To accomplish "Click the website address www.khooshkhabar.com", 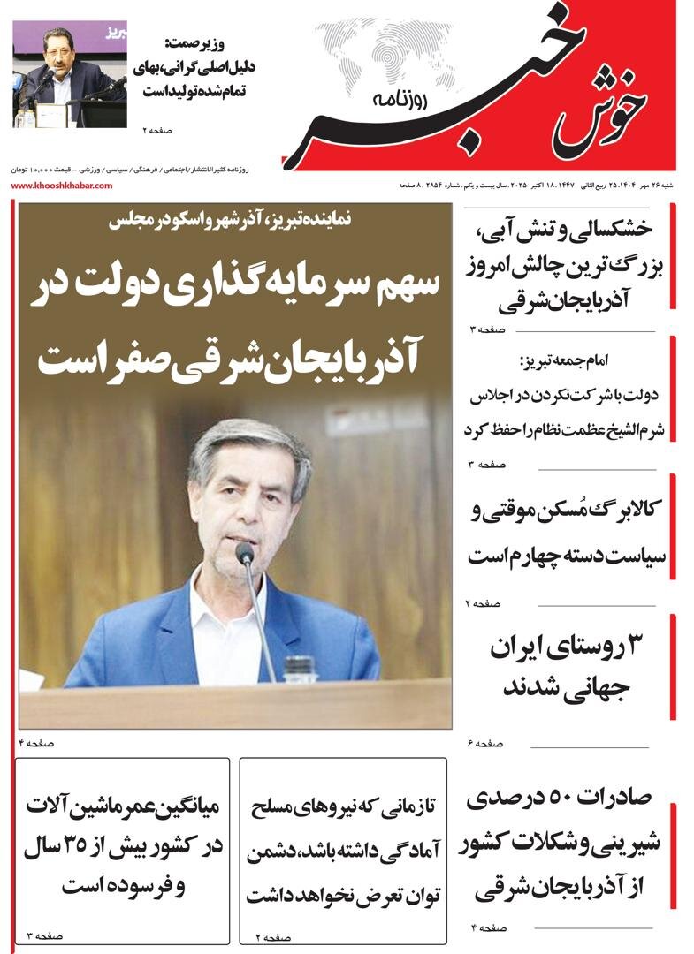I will point(62,185).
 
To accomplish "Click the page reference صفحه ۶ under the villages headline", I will point(484,744).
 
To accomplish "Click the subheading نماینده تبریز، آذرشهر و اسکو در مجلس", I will point(234,223).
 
